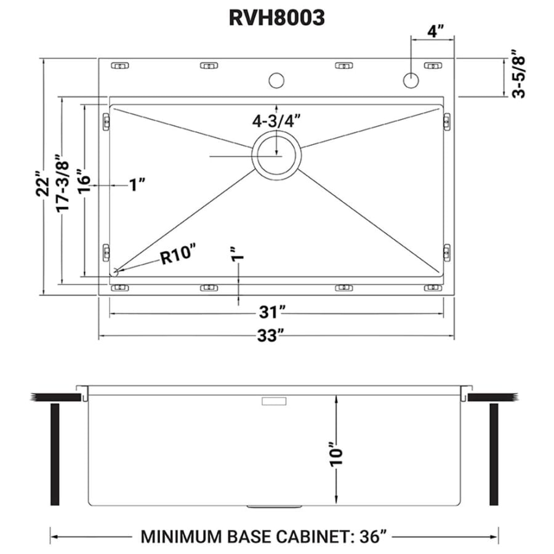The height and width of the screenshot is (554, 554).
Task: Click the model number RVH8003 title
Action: [276, 18]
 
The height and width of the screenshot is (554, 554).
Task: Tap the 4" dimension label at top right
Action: [435, 31]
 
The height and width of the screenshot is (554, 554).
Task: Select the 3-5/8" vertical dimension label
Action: [518, 78]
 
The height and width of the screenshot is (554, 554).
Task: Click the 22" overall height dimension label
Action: [42, 183]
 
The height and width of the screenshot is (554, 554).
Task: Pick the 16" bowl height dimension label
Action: [84, 180]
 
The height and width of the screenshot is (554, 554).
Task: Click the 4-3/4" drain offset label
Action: [276, 121]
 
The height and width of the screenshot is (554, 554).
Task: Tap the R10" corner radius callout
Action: [178, 254]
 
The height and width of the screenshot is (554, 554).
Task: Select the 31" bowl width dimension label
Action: [272, 313]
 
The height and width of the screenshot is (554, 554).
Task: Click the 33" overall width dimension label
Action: [271, 335]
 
